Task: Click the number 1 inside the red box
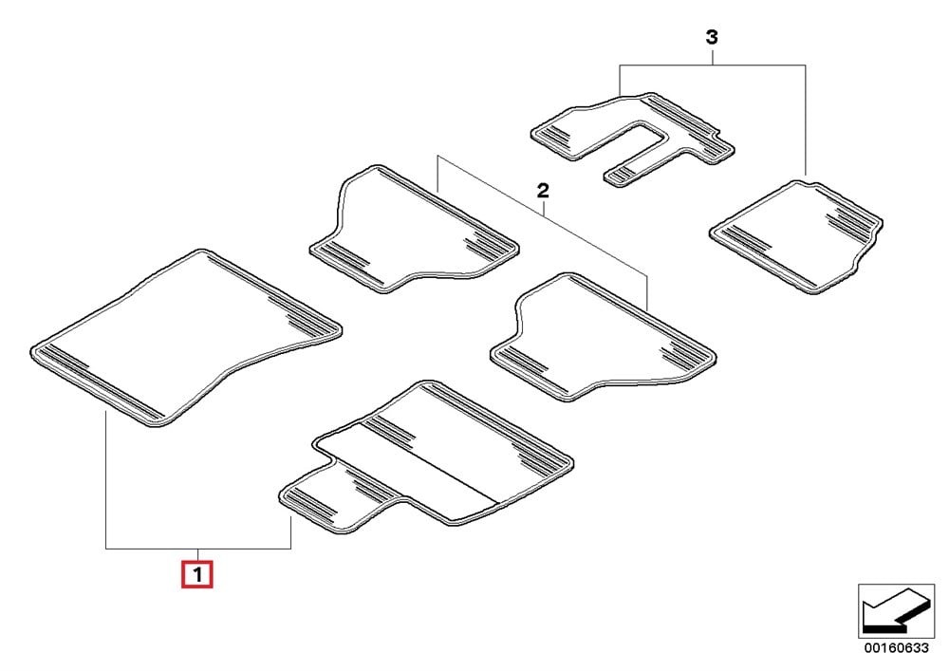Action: (x=197, y=574)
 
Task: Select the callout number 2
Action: (x=543, y=191)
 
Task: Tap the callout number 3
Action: (x=712, y=38)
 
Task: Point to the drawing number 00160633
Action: (x=896, y=648)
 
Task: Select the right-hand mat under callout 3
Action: (x=796, y=236)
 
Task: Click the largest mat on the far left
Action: (x=185, y=338)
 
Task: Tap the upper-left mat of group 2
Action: (x=414, y=230)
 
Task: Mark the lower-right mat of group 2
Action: (x=603, y=336)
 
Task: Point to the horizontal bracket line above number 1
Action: (x=198, y=549)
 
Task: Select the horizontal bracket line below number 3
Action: (x=713, y=65)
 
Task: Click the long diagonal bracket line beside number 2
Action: (x=543, y=216)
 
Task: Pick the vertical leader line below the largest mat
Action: (x=106, y=479)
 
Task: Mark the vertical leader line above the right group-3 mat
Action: (x=806, y=120)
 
